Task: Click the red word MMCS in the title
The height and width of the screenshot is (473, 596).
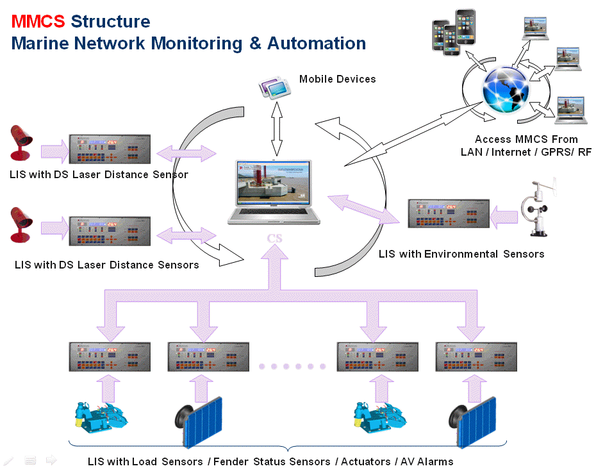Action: click(x=38, y=21)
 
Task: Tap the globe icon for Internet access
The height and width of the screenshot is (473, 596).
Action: click(x=506, y=90)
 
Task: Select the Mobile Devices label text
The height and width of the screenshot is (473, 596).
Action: click(x=337, y=79)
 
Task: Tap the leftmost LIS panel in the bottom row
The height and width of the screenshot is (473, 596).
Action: click(x=110, y=357)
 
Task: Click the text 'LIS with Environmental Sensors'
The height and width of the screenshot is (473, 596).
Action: click(x=461, y=254)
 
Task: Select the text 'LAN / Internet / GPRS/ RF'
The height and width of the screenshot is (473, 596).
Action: click(x=526, y=152)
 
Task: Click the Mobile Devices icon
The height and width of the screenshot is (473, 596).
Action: click(x=275, y=88)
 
